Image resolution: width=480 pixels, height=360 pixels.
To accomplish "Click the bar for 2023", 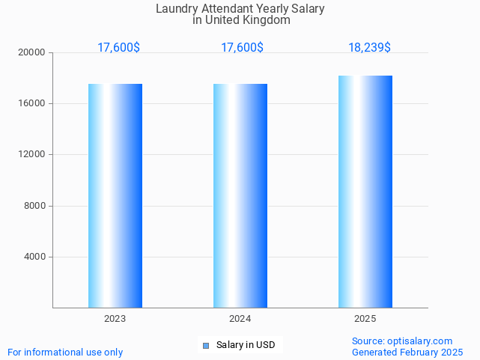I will (115, 195).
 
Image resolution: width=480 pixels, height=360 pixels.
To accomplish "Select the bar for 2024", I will (240, 195).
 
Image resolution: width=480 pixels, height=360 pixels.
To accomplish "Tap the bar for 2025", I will (365, 192).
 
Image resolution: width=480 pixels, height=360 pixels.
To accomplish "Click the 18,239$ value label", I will (369, 47).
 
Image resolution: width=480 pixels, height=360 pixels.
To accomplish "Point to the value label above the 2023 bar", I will (118, 47).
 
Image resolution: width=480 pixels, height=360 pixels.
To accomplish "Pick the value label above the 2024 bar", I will (242, 47).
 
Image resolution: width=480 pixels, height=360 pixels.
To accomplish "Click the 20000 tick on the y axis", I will (32, 52).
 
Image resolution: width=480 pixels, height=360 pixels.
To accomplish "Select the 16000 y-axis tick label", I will (32, 103).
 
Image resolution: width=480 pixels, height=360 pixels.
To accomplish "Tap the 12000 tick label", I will (32, 154).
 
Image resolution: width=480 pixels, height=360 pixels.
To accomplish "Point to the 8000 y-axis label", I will (34, 206).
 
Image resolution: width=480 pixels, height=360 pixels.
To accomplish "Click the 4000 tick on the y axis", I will (34, 257).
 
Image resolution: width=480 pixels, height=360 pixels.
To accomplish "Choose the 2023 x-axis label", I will (115, 319).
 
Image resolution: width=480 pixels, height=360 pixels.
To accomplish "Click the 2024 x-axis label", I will (240, 319).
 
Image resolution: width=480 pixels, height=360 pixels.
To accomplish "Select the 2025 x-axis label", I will (365, 319).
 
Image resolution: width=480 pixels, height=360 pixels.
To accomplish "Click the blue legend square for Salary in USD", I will (206, 345).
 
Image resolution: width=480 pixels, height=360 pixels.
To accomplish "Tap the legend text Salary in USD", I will (246, 345).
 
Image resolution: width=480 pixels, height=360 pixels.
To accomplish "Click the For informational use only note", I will (65, 352).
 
